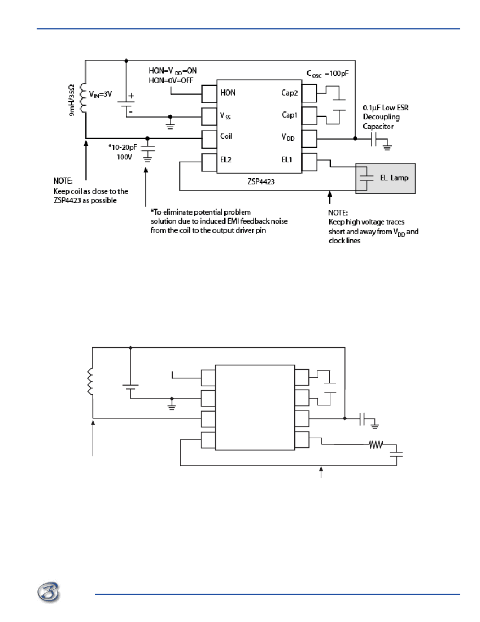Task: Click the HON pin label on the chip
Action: [228, 93]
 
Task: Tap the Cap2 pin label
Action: [290, 93]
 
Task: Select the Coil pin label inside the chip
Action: [226, 136]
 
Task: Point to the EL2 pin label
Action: [226, 160]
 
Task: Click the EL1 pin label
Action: [287, 160]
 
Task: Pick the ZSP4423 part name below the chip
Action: [261, 182]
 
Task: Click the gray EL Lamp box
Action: [385, 179]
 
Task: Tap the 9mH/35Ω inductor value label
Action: [72, 100]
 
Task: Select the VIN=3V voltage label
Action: [100, 94]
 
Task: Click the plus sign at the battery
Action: [131, 96]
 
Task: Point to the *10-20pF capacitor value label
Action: [123, 147]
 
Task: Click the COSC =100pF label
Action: [328, 74]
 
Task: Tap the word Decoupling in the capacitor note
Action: [381, 117]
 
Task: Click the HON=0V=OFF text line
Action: [171, 80]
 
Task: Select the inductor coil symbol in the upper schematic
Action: [83, 98]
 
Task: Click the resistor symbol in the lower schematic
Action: [376, 444]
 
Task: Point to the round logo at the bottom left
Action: [49, 593]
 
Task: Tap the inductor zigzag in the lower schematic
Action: [90, 382]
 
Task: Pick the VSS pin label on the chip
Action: [225, 116]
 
